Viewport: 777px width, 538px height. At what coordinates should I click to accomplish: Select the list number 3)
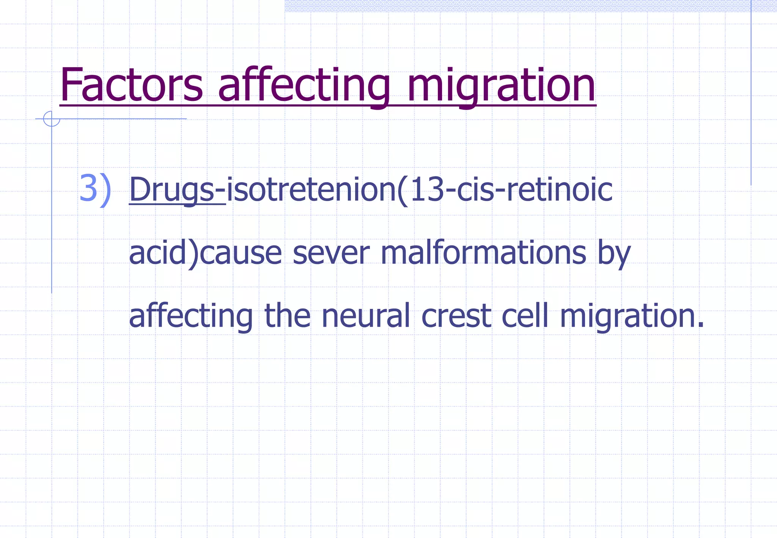click(95, 189)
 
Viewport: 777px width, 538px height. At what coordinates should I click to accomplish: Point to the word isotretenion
click(311, 189)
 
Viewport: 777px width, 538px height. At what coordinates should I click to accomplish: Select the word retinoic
click(559, 189)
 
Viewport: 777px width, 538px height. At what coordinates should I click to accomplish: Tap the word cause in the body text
click(241, 253)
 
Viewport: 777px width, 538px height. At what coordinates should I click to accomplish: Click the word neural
click(366, 316)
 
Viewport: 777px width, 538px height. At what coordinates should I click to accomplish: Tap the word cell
click(525, 316)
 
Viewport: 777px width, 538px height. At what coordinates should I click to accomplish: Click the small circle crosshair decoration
click(51, 119)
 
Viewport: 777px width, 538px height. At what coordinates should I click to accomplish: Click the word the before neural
click(287, 316)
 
